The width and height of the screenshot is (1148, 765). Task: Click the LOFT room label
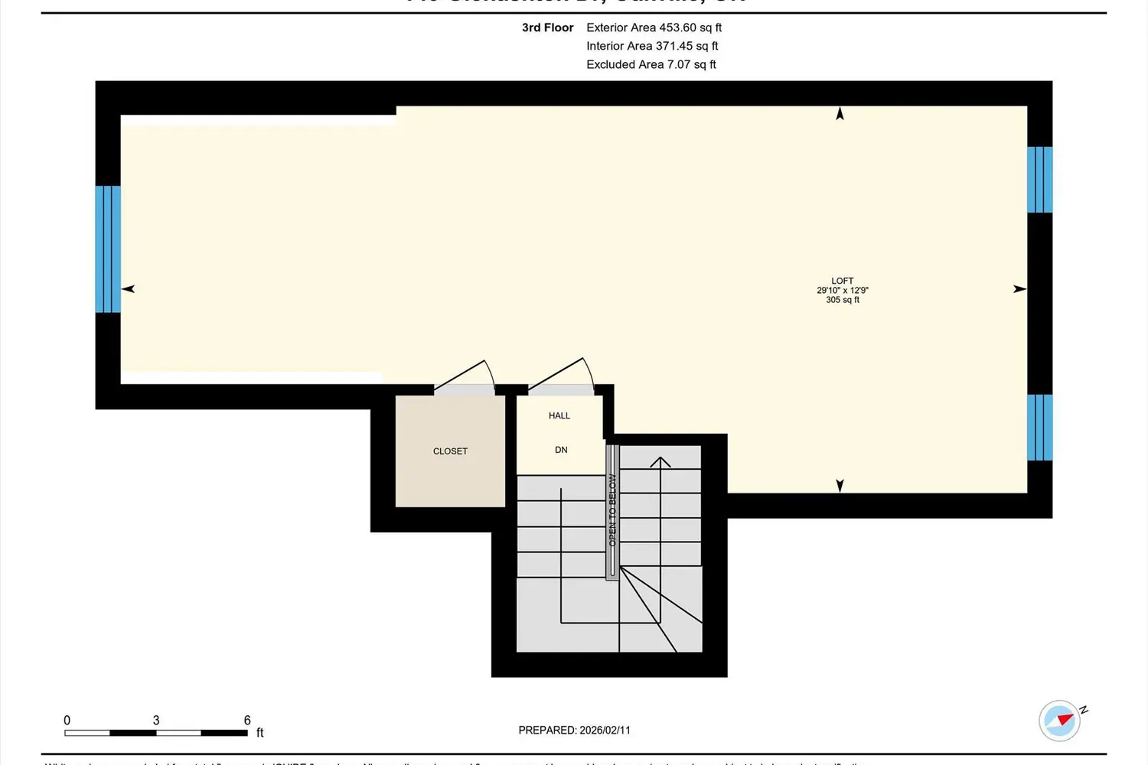point(842,281)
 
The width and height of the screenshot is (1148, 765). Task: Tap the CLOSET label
point(450,451)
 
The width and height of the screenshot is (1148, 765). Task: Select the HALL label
point(559,415)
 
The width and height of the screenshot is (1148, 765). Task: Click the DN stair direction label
point(561,450)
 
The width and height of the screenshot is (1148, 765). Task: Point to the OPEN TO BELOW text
point(612,509)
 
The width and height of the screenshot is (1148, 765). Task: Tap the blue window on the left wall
point(108,249)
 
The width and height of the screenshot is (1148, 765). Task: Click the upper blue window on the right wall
point(1039,179)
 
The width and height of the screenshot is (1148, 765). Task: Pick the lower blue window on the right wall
point(1039,428)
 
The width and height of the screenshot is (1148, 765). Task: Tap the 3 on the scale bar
point(156,720)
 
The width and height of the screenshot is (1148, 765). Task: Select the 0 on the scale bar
point(67,720)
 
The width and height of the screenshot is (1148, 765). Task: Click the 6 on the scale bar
point(247,720)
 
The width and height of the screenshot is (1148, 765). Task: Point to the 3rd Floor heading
point(547,28)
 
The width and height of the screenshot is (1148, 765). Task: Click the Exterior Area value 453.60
point(677,28)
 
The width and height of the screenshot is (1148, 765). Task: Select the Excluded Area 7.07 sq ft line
point(651,64)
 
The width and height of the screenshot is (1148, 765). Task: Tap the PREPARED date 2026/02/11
point(605,730)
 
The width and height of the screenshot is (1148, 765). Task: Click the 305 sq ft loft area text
point(842,300)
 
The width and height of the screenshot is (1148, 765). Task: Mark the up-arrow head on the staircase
point(660,461)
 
